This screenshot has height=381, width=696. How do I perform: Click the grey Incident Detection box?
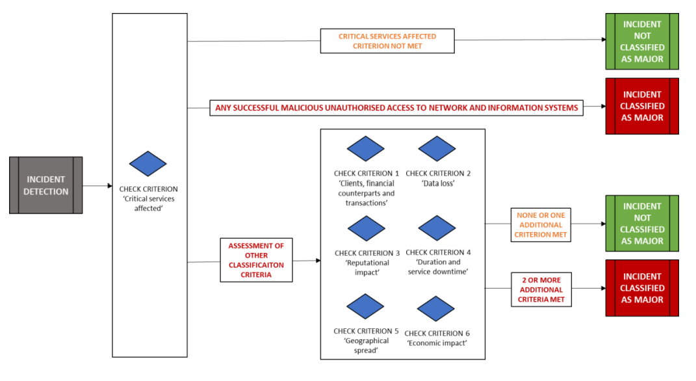(45, 185)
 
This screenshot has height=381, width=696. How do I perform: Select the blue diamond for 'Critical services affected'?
(148, 164)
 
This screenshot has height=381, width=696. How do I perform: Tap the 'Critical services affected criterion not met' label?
(387, 41)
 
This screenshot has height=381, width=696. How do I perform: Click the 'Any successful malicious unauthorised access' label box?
(396, 108)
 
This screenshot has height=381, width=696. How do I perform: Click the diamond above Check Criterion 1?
(366, 149)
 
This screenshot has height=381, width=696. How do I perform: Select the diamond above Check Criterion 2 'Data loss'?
(437, 149)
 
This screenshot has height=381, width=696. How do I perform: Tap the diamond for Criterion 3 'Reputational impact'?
(367, 229)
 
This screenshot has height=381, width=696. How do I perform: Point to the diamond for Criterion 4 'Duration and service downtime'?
(437, 229)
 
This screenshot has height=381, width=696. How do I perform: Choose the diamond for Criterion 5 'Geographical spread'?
(366, 307)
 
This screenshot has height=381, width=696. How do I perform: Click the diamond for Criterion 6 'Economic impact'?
(436, 309)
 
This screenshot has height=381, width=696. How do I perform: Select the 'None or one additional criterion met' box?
(541, 224)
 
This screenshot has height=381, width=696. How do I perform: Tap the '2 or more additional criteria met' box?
(541, 289)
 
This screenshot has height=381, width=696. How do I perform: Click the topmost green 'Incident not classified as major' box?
(642, 42)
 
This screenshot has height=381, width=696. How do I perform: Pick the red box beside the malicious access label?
(642, 106)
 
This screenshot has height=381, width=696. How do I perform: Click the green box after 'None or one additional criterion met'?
(642, 223)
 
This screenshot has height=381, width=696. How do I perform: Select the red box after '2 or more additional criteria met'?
(642, 288)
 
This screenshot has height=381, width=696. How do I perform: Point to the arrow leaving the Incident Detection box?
(97, 186)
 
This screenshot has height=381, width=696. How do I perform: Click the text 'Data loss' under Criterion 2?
(438, 184)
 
